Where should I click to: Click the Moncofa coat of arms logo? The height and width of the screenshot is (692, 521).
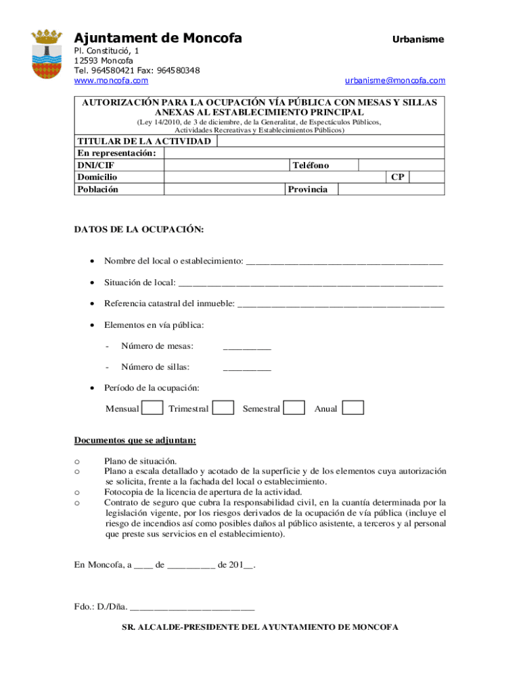pos(47,54)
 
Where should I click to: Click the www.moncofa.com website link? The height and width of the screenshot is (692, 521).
pos(111,80)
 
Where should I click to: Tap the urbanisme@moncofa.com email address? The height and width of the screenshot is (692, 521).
pos(395,80)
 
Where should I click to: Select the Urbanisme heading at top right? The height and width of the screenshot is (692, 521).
pos(418,39)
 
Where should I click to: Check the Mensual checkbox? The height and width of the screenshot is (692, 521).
pos(152,407)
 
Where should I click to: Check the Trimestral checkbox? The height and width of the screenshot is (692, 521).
pos(223,407)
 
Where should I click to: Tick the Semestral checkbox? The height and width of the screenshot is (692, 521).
pos(294,407)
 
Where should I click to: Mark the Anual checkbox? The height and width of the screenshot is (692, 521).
pos(353,407)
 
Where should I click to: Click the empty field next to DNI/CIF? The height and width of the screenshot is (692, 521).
pos(227,165)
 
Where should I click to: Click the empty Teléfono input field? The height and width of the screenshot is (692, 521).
pos(401,165)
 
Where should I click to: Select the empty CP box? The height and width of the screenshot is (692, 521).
pos(427,177)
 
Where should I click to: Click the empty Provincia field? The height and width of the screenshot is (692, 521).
pos(390,189)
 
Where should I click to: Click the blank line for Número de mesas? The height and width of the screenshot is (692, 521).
pos(247,347)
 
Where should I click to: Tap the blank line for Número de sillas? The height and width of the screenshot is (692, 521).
pos(247,368)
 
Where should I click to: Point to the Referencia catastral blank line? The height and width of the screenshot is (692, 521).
pos(341,305)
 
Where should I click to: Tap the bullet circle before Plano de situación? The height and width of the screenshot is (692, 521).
pos(77,461)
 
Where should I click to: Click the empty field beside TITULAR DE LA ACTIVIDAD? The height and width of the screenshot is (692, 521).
pos(331,141)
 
